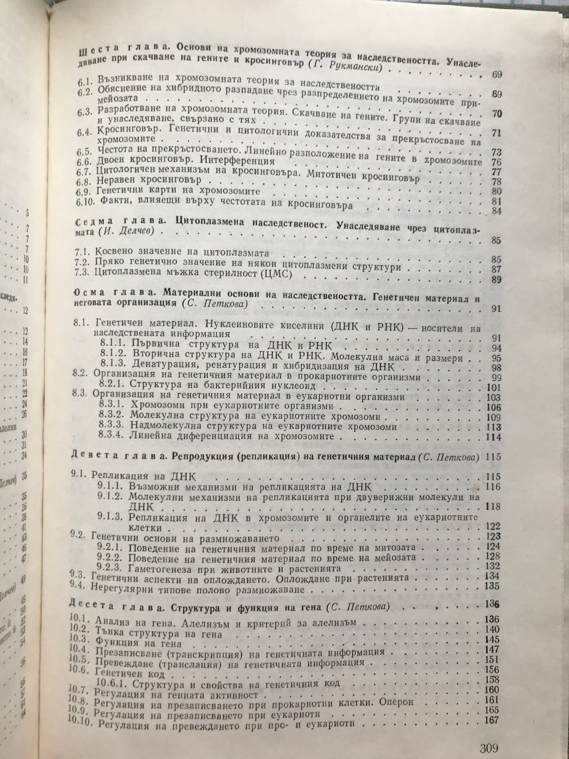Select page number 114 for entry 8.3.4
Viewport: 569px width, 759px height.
click(x=494, y=437)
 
